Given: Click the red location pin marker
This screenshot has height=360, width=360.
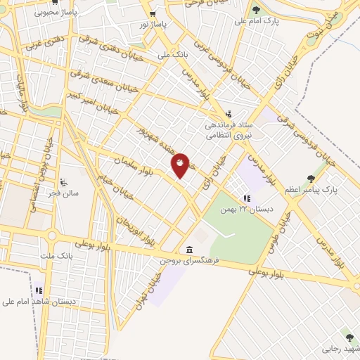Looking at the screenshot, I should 181,164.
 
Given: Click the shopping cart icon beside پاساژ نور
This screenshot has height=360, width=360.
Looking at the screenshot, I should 151,14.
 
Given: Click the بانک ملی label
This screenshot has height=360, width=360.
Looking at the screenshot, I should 155,53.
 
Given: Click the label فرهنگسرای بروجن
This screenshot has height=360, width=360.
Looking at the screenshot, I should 190,260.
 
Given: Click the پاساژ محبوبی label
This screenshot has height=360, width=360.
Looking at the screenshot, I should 39,12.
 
